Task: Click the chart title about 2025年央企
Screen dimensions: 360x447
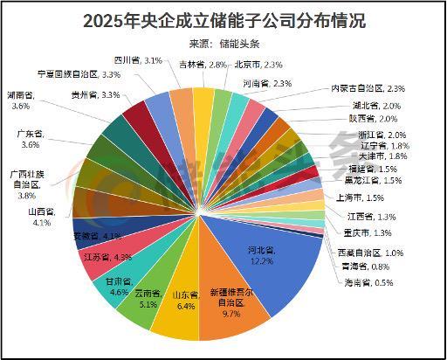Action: (223, 19)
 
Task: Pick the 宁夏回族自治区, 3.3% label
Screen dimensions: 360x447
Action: (79, 75)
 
